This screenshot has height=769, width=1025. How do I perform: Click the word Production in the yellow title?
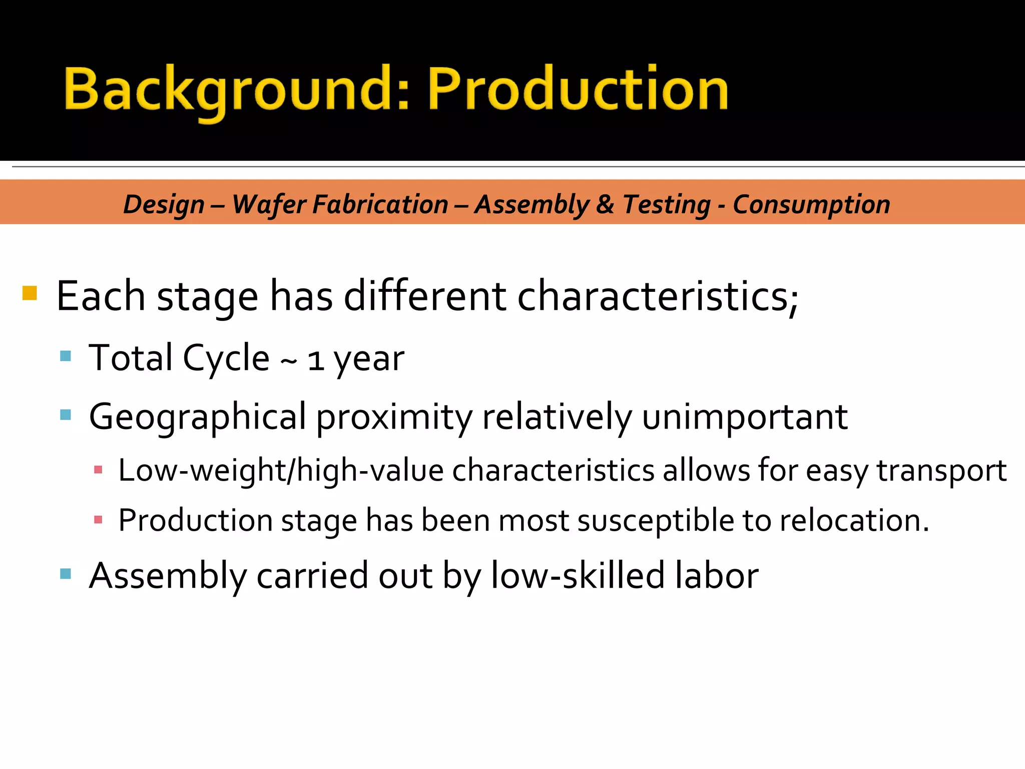578,90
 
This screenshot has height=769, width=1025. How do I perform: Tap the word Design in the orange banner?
164,204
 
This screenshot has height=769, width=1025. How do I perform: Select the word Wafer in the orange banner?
269,204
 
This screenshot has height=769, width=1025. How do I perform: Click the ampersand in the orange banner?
605,204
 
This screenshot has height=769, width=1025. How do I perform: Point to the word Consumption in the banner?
811,204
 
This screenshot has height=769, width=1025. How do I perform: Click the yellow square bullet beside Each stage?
30,293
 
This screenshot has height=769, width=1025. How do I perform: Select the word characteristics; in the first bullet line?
657,296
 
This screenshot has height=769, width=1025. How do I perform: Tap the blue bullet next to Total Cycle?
66,356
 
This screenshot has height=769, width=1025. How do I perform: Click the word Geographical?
197,417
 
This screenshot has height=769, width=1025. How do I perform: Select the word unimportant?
745,417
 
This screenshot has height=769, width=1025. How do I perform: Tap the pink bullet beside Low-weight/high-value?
98,470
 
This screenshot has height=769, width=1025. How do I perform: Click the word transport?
941,471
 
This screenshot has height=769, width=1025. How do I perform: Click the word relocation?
854,521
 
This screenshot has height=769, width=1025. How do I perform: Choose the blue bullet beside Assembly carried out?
66,573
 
